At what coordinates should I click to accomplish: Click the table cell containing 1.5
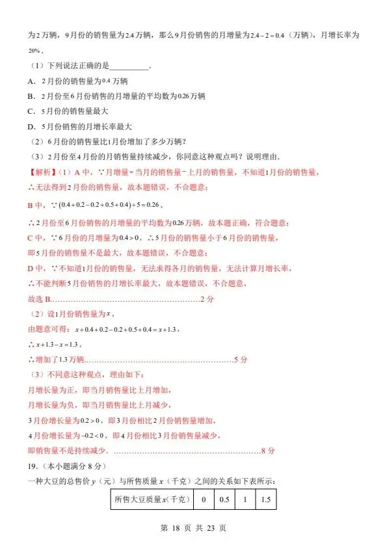(265, 500)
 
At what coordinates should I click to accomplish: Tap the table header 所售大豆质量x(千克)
(152, 500)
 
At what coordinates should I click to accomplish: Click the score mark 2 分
(207, 299)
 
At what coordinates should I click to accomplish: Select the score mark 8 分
(268, 450)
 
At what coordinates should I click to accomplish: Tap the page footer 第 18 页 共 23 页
(193, 529)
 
